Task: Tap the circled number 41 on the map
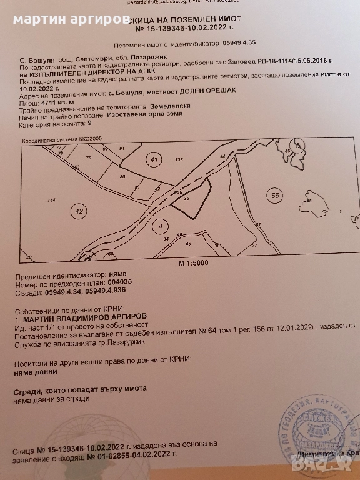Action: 154,159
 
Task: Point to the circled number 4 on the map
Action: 161,226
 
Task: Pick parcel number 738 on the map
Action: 179,161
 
